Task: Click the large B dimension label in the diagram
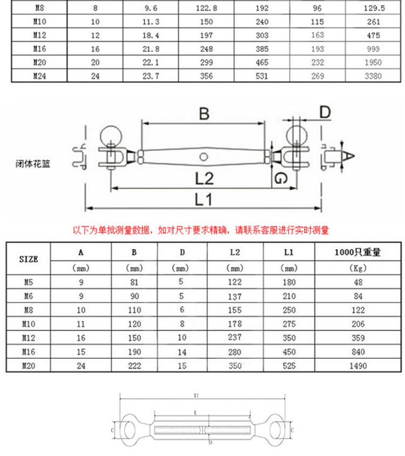pos(204,114)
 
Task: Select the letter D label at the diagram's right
pos(324,112)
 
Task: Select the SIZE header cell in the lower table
pos(28,259)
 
